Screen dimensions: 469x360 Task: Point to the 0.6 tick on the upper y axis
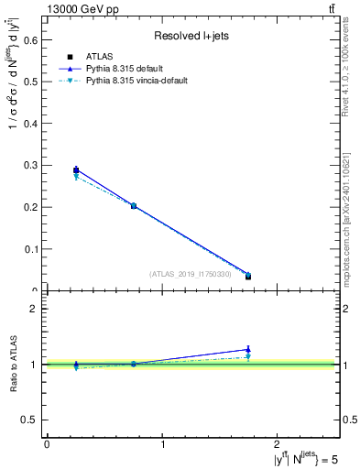(x=34, y=40)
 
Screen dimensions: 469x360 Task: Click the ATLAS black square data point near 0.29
(x=76, y=169)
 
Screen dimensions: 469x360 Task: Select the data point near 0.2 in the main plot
(x=134, y=206)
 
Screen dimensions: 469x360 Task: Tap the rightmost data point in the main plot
(x=248, y=276)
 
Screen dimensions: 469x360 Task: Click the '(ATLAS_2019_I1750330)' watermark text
(x=190, y=274)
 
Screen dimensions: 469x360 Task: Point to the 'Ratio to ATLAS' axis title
(x=13, y=364)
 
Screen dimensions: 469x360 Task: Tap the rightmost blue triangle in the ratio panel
(x=248, y=349)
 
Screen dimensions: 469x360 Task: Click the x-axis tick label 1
(x=163, y=443)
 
